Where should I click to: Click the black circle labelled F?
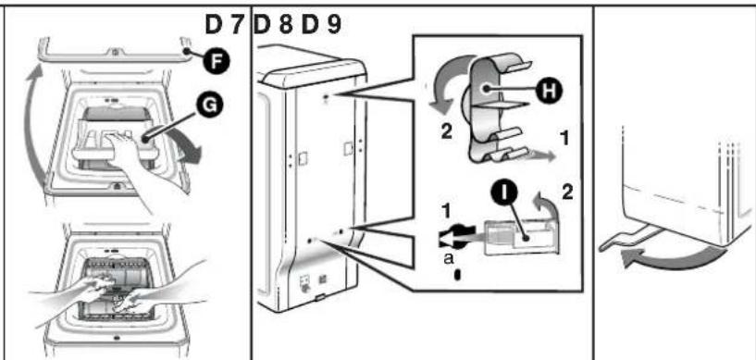point(215,61)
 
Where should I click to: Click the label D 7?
point(224,25)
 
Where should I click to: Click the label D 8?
point(273,25)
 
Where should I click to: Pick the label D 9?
point(321,25)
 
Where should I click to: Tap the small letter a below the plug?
point(449,259)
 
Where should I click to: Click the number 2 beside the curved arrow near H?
point(447,132)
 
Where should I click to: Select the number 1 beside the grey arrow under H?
point(564,139)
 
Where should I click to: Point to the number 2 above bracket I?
point(568,192)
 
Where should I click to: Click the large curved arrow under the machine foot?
point(673,259)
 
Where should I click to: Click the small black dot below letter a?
point(457,275)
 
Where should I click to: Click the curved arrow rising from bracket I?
point(553,208)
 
